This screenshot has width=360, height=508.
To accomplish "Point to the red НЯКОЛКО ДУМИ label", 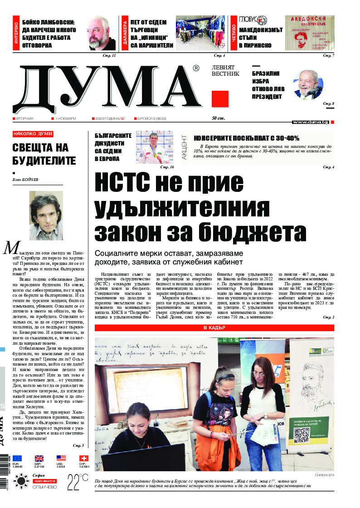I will click(x=33, y=134).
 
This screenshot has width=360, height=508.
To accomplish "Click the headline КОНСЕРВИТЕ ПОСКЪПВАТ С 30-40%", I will click(x=246, y=138).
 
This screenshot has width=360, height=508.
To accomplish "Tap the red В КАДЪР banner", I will click(x=214, y=327).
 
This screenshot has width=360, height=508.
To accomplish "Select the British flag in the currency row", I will click(x=39, y=458).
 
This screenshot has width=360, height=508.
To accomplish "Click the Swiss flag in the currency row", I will click(x=83, y=458).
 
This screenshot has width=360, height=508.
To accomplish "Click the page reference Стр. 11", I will click(x=109, y=55).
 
